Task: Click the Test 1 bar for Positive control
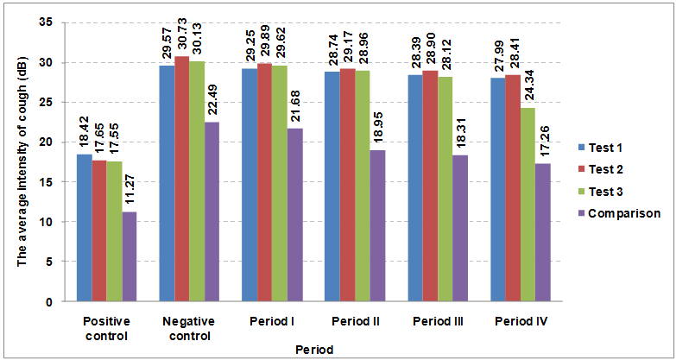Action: (85, 228)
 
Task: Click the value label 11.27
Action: (130, 190)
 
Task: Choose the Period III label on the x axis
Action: (437, 322)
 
